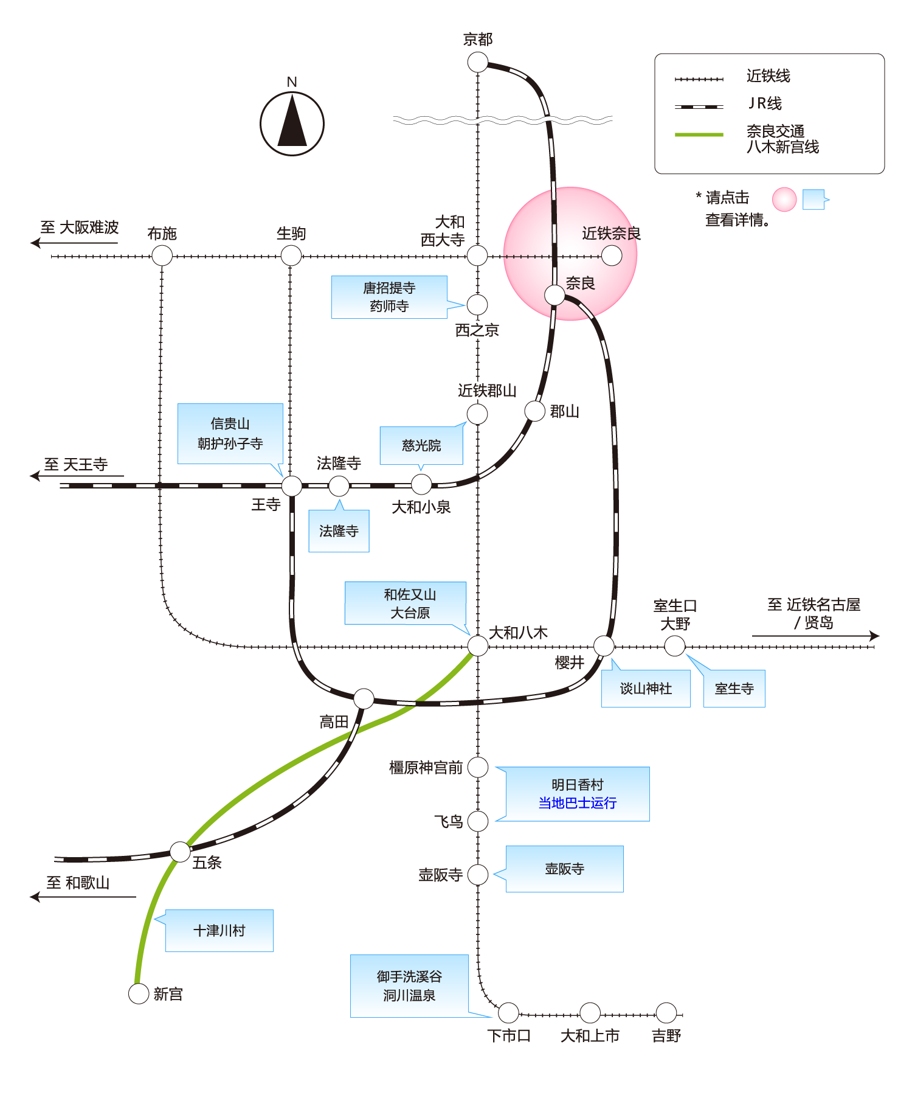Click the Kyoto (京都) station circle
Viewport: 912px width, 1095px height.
478,62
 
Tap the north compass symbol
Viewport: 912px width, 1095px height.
292,123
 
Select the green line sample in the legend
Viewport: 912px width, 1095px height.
699,134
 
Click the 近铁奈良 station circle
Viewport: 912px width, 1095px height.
612,255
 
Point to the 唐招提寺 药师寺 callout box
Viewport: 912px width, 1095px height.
389,297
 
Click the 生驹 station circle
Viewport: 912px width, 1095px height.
291,255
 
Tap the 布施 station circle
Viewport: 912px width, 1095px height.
162,255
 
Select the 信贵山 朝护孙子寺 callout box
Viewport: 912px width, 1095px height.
230,433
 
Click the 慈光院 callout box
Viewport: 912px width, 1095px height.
421,445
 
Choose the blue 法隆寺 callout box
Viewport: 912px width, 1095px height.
339,531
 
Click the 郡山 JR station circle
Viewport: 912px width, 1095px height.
535,411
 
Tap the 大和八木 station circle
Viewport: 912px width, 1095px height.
478,645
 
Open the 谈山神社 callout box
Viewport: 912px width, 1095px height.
646,689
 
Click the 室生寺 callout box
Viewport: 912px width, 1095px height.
734,689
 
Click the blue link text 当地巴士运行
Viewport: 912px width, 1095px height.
577,803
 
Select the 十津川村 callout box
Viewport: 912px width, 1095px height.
219,931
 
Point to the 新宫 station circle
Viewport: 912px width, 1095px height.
139,993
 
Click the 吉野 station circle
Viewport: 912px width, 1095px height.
666,1013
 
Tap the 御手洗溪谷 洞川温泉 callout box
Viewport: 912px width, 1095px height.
409,985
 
